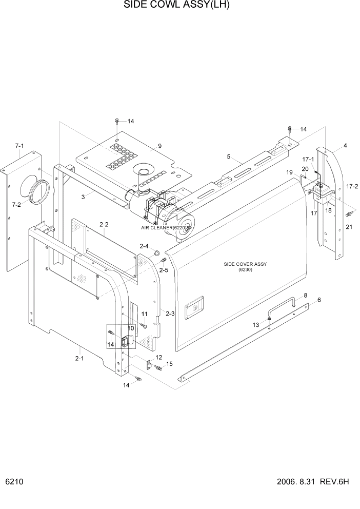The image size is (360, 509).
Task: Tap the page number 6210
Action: click(x=14, y=482)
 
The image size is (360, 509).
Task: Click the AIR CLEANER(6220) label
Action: click(x=165, y=227)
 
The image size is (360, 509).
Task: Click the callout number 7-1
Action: click(x=19, y=146)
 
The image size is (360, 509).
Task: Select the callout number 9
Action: click(x=159, y=146)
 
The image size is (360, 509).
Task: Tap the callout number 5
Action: click(x=228, y=157)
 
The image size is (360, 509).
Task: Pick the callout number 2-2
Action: click(x=104, y=224)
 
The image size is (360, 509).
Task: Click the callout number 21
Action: click(x=349, y=227)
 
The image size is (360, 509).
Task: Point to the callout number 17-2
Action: click(x=352, y=186)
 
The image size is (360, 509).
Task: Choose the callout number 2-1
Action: click(x=79, y=359)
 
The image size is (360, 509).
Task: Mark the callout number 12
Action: click(x=159, y=357)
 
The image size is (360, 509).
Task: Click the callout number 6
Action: click(x=319, y=300)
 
